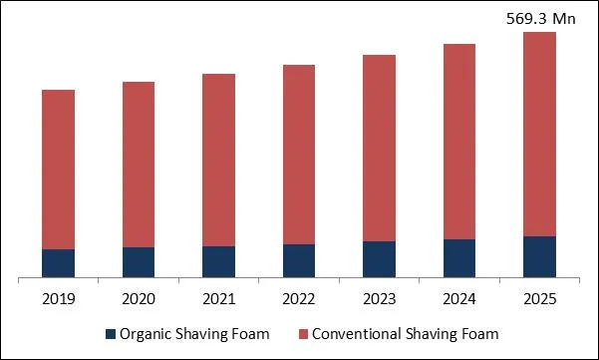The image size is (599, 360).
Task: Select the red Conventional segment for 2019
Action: pos(58,170)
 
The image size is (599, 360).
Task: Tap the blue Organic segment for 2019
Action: pos(58,263)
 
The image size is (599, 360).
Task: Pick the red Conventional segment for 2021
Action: pos(218,160)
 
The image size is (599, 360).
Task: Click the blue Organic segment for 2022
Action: pos(299,260)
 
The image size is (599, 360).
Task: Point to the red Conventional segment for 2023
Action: pos(379,148)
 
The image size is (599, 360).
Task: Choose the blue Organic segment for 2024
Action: pos(459,258)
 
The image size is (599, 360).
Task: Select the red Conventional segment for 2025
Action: pos(539,134)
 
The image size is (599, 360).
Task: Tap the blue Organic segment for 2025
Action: pos(539,256)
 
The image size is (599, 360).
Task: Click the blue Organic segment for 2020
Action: pos(139,262)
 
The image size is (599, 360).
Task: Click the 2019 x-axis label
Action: pos(58,298)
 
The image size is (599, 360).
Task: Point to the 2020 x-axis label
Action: pos(139,298)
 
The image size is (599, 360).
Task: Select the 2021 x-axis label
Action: pos(218,298)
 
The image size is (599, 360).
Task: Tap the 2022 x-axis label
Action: pos(299,298)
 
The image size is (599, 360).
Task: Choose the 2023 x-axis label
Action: pos(379,298)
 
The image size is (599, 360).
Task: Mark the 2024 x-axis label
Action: pos(459,298)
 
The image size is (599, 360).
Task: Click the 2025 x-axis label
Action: pos(539,298)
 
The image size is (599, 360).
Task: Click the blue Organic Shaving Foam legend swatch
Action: pos(109,333)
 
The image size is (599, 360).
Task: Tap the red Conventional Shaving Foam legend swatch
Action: pos(302,333)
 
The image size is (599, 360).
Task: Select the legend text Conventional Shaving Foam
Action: pos(405,333)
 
